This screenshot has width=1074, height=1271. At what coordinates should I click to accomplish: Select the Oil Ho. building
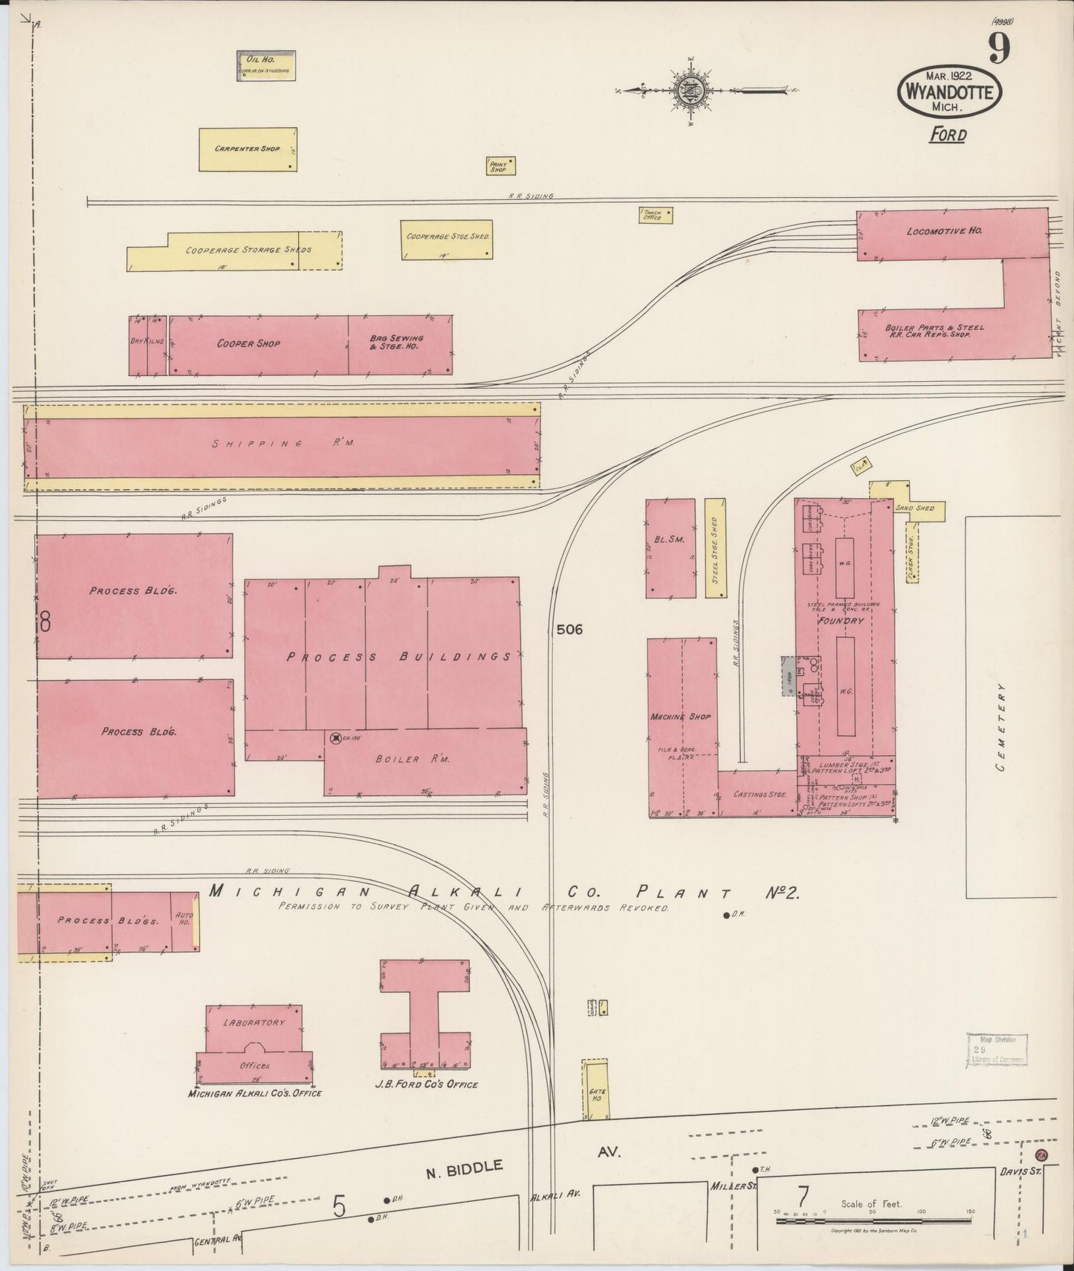coord(266,65)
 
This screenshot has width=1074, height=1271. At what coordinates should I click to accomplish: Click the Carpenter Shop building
coord(248,149)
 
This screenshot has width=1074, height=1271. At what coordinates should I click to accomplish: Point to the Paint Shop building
coord(499,166)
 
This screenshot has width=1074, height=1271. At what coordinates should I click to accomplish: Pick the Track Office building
coord(655,215)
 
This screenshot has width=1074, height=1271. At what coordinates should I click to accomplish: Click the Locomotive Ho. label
coord(944,231)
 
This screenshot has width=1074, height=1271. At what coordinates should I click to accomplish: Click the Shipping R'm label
coord(282,444)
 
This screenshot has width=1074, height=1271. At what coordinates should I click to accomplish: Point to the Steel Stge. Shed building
coord(715,548)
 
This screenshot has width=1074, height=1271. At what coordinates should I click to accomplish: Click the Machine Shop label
coord(680,717)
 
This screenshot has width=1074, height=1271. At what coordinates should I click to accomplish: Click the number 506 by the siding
coord(569,630)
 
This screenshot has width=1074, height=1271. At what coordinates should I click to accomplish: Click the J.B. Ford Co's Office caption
coord(426,1084)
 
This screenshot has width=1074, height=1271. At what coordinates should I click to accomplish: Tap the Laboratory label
coord(253,1023)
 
